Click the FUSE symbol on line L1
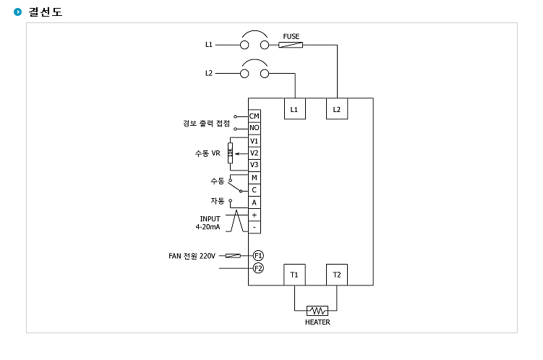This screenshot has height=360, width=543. pos(291,45)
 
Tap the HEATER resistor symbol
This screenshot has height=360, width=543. pos(317,311)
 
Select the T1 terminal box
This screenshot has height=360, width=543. pos(294,275)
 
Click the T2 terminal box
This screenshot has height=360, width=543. pos(337,275)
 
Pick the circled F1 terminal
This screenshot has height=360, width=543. pos(258,256)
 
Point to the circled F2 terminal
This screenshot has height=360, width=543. pos(258,268)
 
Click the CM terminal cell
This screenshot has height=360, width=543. pos(255,116)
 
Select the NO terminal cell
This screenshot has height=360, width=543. pos(255,128)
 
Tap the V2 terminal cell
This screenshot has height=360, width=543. pos(255,153)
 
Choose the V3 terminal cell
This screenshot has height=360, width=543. pos(255,165)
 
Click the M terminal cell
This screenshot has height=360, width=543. pos(255,178)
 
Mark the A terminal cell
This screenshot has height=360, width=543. pos(255,202)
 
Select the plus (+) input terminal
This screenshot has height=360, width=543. pos(255,215)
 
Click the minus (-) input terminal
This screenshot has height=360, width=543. pos(255,227)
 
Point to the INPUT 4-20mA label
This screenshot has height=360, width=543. pos(208,223)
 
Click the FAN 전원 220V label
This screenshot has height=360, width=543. pos(192,256)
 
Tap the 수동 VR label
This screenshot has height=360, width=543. pos(208,153)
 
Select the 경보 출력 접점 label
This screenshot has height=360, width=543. pos(206,123)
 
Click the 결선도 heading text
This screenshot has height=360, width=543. pos(46,12)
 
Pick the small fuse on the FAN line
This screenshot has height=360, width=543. pos(233,256)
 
